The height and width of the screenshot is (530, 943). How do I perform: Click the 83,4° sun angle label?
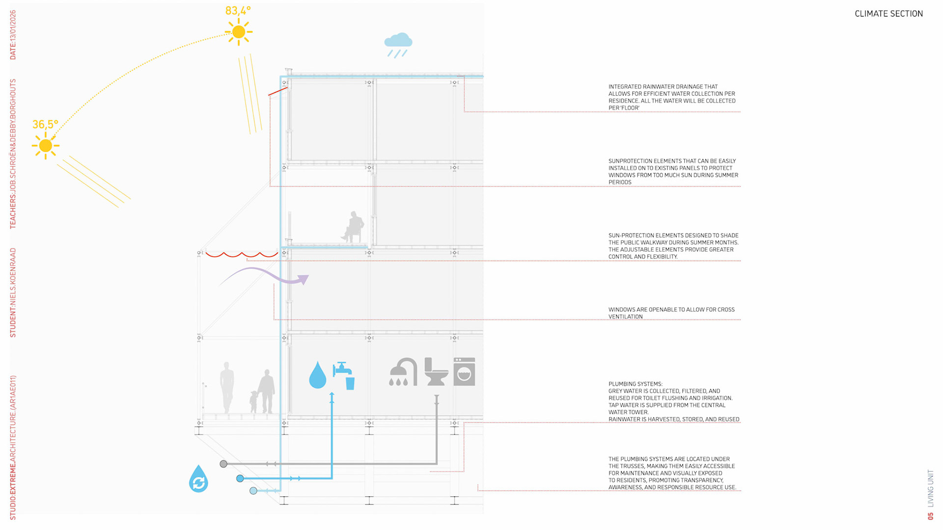click(x=238, y=11)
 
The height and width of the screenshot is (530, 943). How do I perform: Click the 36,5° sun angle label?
click(x=45, y=125)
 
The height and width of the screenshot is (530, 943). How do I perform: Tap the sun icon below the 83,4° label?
click(x=239, y=32)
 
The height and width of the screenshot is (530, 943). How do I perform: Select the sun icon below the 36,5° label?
click(x=46, y=146)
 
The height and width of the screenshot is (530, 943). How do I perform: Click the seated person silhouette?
click(x=354, y=227)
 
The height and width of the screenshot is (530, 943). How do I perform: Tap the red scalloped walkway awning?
click(x=241, y=255)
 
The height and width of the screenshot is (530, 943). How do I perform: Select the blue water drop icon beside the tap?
click(x=318, y=375)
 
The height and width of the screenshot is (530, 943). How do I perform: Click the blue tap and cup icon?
click(x=344, y=375)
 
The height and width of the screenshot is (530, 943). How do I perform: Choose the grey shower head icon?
click(x=403, y=372)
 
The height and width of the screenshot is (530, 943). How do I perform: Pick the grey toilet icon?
click(x=436, y=372)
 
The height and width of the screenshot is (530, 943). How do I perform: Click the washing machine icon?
click(x=464, y=371)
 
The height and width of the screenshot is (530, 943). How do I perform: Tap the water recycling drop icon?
click(x=198, y=479)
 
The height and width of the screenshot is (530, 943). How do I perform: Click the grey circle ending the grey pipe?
click(x=223, y=464)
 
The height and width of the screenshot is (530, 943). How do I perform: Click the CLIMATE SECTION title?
click(x=888, y=14)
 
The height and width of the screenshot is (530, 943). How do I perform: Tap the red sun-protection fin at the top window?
click(x=278, y=91)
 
